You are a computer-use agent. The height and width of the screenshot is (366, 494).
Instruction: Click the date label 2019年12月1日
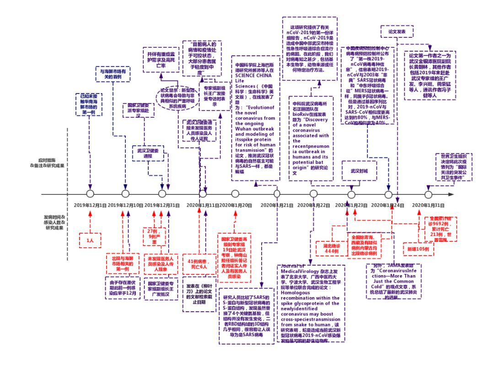point(90,205)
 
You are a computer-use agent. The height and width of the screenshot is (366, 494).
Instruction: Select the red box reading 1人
point(90,240)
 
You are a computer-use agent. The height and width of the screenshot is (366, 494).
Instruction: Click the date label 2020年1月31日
point(429,205)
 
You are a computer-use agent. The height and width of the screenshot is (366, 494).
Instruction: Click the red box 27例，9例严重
point(151,237)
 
